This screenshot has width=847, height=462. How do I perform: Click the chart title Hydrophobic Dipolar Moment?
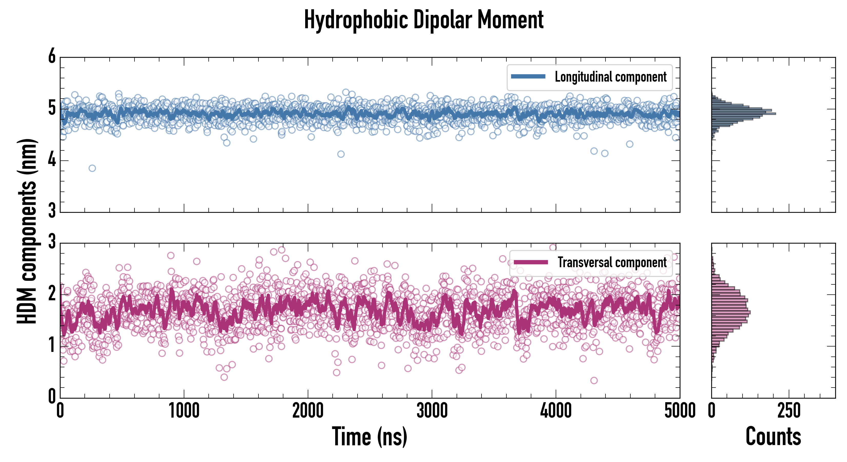(x=423, y=20)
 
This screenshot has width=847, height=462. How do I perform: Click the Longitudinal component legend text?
(x=611, y=77)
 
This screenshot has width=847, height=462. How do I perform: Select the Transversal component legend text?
(x=612, y=262)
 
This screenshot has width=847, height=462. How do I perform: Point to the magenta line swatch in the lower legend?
(x=531, y=262)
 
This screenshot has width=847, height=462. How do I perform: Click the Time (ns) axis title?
(x=370, y=437)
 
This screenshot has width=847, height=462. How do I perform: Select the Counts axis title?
(x=773, y=437)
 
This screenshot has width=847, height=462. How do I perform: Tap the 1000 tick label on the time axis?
(x=184, y=411)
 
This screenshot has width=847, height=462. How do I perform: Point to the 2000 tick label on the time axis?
(x=308, y=411)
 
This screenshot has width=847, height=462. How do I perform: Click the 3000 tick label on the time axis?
(x=432, y=411)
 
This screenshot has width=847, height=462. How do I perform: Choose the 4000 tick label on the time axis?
(x=556, y=411)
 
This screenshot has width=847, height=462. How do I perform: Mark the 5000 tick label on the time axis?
(x=680, y=411)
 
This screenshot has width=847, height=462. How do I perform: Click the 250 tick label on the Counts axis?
(x=789, y=411)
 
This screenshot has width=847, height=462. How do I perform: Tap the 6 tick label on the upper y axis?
(x=52, y=56)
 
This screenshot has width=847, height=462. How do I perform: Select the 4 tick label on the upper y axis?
(x=52, y=160)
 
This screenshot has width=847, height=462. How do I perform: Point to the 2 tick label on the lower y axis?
(x=52, y=294)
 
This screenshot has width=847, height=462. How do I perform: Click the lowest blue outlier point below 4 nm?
(x=92, y=168)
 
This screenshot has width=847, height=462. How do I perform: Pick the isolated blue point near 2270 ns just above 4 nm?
(x=341, y=154)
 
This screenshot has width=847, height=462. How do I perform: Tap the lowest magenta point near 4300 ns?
(x=594, y=380)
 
